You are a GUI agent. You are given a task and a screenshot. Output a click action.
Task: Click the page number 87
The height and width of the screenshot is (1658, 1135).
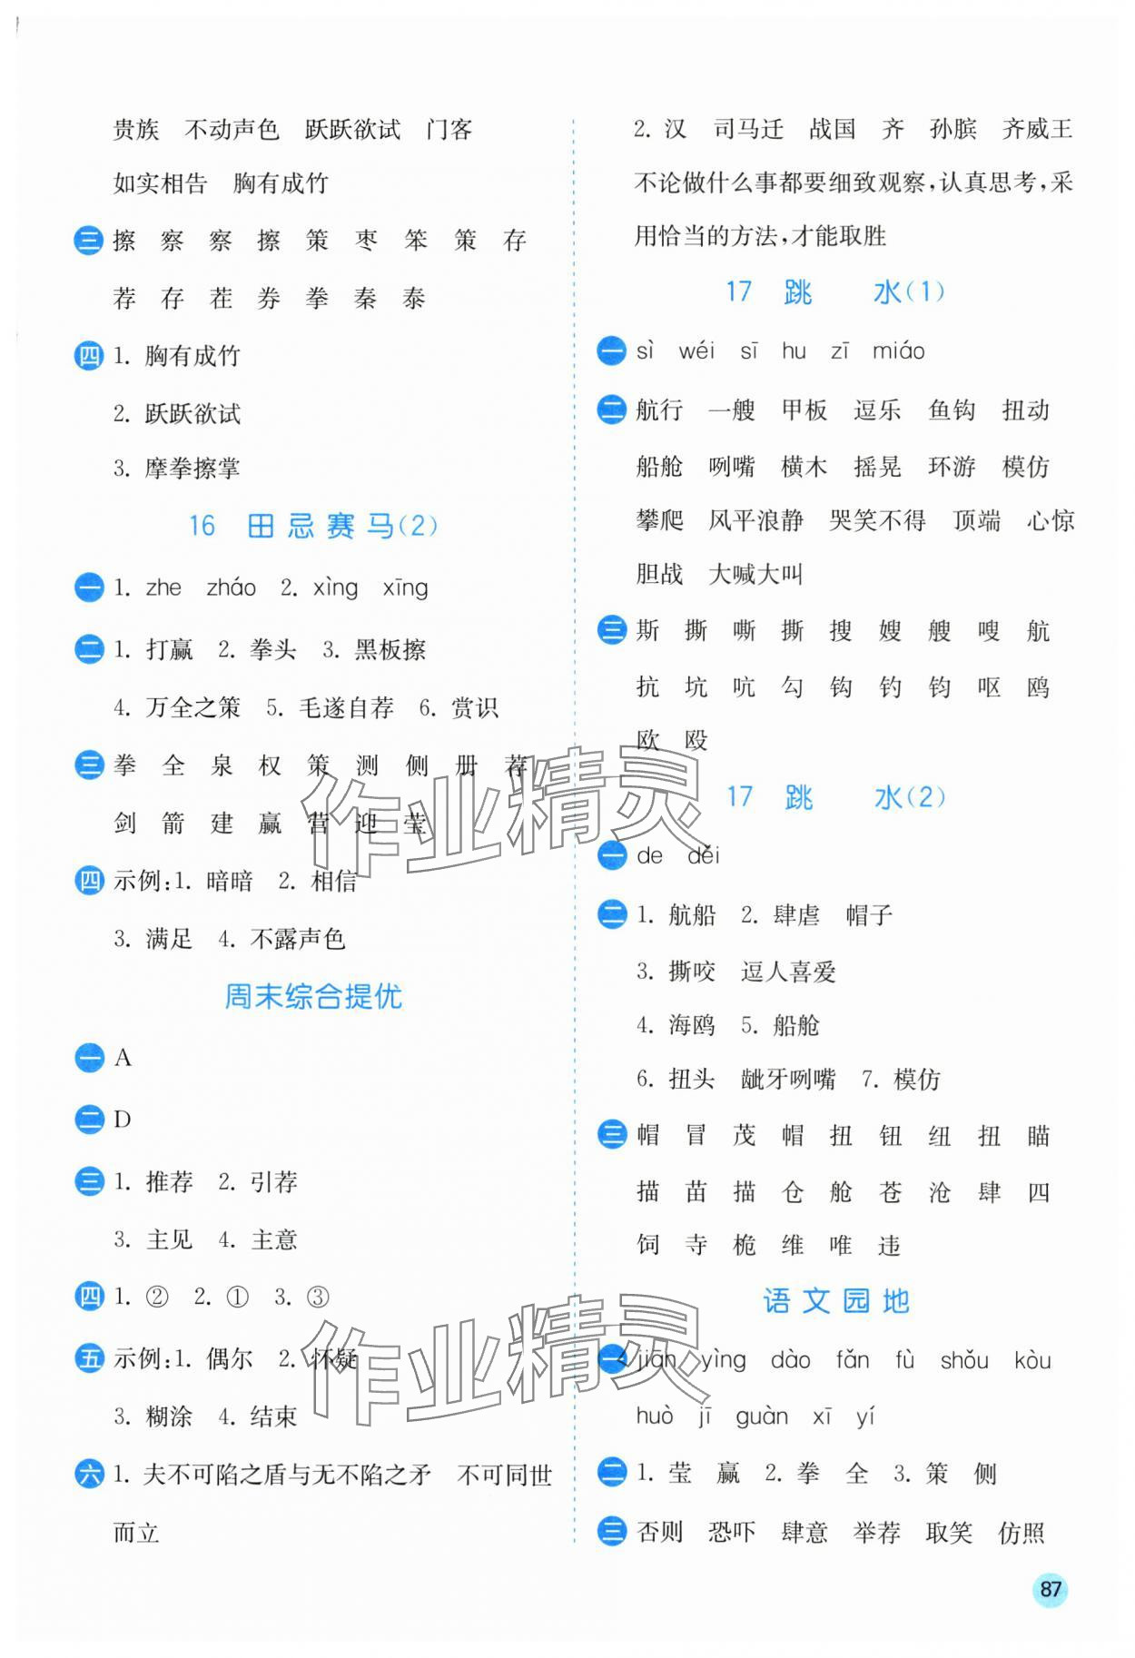(x=1050, y=1588)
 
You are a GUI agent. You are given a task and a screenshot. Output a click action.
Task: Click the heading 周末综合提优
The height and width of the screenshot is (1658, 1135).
(x=313, y=996)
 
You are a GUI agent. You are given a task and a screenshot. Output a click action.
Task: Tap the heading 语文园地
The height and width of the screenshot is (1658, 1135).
(x=835, y=1300)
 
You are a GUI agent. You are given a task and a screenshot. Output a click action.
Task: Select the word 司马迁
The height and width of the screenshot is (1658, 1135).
(x=748, y=129)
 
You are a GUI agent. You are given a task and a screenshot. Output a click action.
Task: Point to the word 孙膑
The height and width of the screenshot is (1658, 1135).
(x=952, y=129)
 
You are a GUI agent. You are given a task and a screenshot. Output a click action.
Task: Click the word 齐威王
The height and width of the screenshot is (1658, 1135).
(x=1037, y=129)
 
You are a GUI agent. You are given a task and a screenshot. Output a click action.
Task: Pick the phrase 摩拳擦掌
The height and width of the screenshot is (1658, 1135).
(x=192, y=469)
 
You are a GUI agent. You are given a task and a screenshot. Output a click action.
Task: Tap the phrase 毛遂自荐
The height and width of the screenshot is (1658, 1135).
(x=346, y=707)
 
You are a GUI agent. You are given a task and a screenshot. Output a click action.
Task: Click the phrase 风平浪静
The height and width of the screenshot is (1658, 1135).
(x=755, y=520)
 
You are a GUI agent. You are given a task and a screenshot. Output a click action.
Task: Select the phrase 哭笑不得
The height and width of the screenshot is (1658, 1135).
(x=877, y=520)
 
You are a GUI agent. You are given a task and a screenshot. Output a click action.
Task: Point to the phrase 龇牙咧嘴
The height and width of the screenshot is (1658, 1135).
(x=788, y=1079)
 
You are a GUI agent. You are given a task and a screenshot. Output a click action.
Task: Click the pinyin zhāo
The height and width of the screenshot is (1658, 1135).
(x=231, y=587)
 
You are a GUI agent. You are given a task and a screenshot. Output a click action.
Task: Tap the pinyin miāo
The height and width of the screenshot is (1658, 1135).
(x=898, y=351)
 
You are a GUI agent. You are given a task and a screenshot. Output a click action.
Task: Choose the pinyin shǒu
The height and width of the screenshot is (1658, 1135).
(x=964, y=1359)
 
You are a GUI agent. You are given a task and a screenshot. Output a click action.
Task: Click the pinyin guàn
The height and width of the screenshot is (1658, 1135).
(x=761, y=1416)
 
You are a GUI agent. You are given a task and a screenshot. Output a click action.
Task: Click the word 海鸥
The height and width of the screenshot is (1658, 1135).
(x=692, y=1025)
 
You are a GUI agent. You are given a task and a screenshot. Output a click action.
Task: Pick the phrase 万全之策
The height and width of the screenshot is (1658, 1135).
(x=192, y=707)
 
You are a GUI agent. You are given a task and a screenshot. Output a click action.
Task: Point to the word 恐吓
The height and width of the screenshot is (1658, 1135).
(x=732, y=1532)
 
